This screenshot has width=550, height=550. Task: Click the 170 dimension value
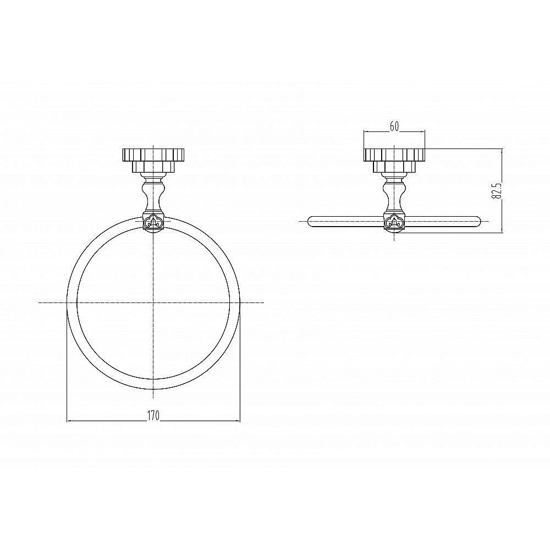[x=153, y=415]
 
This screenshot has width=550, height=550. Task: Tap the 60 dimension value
[x=394, y=127]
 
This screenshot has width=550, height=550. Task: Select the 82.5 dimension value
[x=497, y=190]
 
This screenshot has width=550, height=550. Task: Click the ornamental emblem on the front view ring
[x=153, y=222]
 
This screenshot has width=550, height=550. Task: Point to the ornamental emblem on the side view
[x=394, y=222]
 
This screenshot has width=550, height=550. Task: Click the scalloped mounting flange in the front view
[x=153, y=155]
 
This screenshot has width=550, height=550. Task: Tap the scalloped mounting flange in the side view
[x=394, y=155]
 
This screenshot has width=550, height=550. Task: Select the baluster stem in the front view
[x=153, y=194]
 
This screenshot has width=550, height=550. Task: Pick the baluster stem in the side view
[x=394, y=194]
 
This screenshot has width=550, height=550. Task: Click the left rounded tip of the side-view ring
[x=309, y=222]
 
